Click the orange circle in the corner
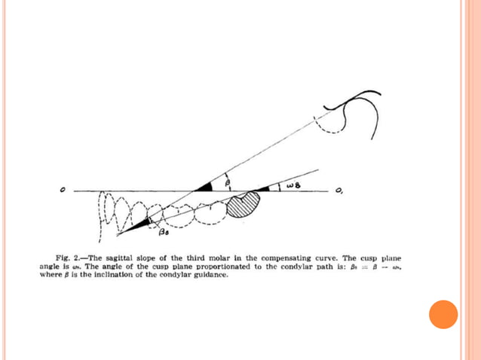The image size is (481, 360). coord(443,314)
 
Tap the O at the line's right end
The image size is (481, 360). coord(340,191)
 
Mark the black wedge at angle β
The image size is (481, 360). coord(204,186)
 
